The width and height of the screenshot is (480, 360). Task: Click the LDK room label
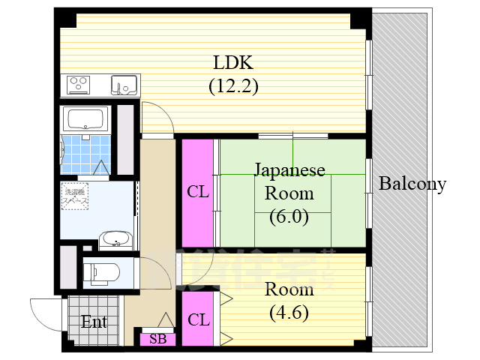click(x=233, y=61)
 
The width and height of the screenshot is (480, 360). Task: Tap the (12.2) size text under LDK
click(x=233, y=86)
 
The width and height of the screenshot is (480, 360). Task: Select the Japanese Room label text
click(x=289, y=181)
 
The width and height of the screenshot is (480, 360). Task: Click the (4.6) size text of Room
click(x=289, y=312)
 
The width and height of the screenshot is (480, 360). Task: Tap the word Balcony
click(x=412, y=184)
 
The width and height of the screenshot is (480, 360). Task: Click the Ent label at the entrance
click(x=94, y=323)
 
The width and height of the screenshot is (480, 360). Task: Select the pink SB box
click(x=158, y=339)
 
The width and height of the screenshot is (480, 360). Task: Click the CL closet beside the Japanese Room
click(x=198, y=192)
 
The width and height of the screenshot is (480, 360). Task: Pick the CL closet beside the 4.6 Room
click(x=198, y=320)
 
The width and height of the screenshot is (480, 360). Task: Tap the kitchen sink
click(x=124, y=85)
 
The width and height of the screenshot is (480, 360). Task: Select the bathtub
click(x=85, y=119)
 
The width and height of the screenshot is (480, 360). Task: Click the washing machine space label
click(x=74, y=196)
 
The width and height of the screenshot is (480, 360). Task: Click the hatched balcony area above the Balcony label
click(x=401, y=90)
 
